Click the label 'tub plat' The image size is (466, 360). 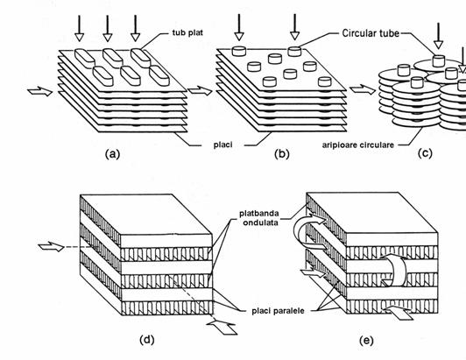[x=187, y=32]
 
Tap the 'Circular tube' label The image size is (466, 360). [x=371, y=33]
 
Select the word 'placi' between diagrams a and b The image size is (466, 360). [x=222, y=145]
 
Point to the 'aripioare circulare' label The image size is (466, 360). [x=358, y=145]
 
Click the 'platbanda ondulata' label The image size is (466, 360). [x=259, y=218]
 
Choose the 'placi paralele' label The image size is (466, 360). [x=278, y=311]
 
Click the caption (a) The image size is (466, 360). [x=113, y=154]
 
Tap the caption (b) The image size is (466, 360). [x=282, y=154]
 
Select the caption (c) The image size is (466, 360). [x=425, y=153]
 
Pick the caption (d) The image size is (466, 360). [x=147, y=340]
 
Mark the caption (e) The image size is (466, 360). [x=366, y=341]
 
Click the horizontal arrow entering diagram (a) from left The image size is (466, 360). [x=39, y=91]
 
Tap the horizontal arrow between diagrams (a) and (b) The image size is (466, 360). [x=200, y=91]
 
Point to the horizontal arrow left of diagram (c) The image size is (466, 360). [x=363, y=89]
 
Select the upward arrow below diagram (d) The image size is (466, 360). [x=222, y=327]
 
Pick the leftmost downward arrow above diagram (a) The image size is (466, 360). [x=79, y=28]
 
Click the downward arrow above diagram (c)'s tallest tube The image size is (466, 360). [x=438, y=35]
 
